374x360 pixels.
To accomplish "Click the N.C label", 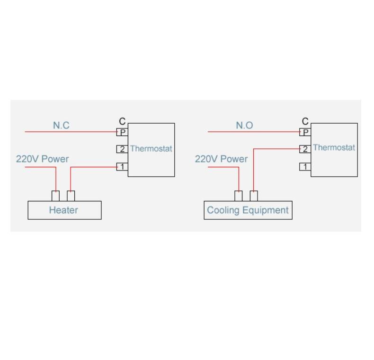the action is (61, 126).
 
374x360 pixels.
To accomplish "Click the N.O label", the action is (244, 126).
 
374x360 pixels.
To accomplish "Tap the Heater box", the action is (65, 210).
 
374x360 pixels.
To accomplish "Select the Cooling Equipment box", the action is (248, 210).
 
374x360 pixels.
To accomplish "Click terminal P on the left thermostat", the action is (122, 132).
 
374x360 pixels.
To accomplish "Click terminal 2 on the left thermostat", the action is (122, 149).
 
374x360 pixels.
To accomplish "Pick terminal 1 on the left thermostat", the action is (122, 167).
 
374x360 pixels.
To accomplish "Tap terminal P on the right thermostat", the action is (305, 132).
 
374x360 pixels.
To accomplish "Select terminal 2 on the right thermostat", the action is (305, 149).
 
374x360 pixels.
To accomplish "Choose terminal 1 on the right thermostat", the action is (305, 167).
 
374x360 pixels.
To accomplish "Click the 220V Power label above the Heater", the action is (42, 159).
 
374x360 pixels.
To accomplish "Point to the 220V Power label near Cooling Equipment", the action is (222, 159).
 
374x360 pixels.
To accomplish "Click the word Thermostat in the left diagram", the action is (151, 149).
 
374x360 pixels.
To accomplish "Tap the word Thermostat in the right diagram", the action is (334, 147).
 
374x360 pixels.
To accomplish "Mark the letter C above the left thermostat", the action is (122, 121).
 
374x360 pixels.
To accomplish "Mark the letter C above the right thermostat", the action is (305, 121).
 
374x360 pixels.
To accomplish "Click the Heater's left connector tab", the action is (55, 196).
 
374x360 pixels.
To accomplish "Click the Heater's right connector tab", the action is (71, 196).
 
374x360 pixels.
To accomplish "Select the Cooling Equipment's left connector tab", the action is (239, 196).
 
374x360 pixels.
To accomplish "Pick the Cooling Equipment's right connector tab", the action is (254, 196).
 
